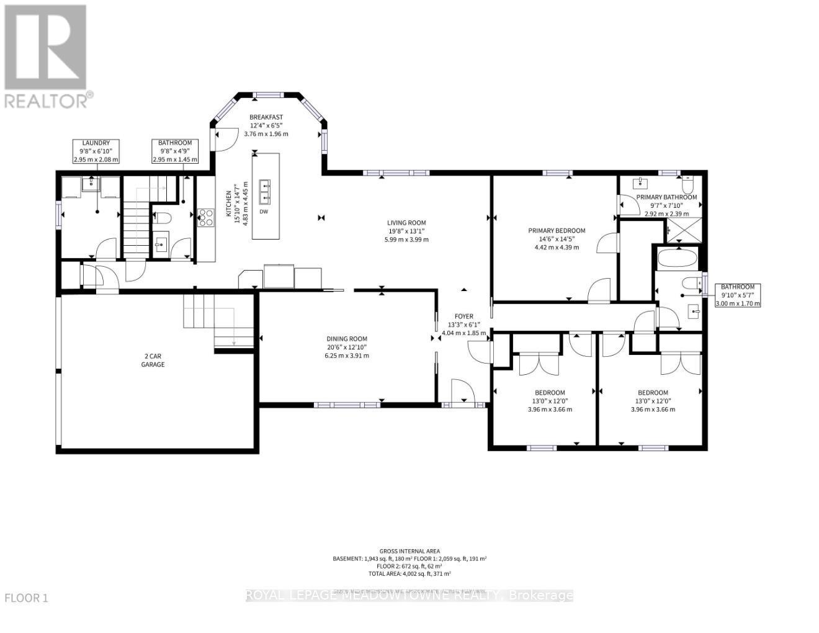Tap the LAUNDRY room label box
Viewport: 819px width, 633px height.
[96, 151]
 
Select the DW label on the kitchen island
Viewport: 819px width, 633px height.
[264, 212]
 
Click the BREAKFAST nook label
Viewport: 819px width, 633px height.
[266, 117]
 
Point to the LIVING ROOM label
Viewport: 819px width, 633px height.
[406, 223]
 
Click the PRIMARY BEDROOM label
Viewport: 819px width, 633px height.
[556, 231]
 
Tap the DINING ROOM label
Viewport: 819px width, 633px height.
[347, 339]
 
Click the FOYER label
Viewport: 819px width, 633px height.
[463, 316]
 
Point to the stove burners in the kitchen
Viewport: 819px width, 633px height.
[205, 218]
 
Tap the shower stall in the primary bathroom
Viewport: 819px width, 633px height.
[684, 230]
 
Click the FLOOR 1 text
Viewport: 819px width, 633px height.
[26, 598]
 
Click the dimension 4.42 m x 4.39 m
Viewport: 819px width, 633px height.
[556, 247]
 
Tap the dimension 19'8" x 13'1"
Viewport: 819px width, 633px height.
[406, 231]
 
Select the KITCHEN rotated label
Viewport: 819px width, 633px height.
[228, 205]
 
